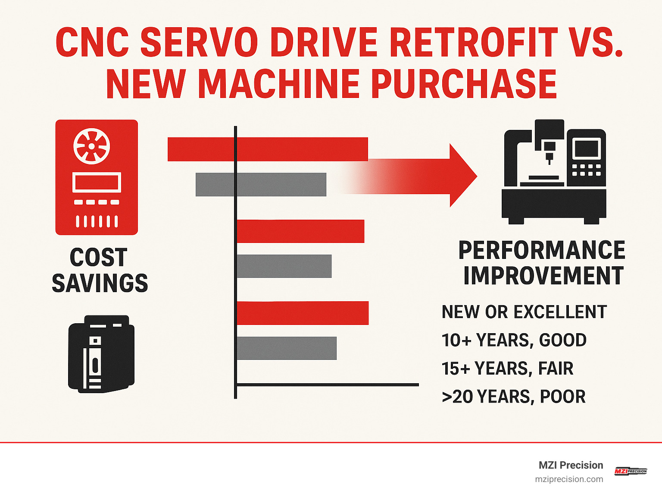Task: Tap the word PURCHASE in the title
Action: (464, 84)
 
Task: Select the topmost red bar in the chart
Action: (267, 149)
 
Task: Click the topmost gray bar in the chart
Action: (261, 184)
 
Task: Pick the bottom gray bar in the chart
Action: (286, 348)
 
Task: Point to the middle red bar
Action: (300, 231)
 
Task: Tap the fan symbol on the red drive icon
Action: (91, 146)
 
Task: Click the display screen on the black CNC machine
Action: (586, 148)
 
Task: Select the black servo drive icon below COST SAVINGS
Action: (101, 353)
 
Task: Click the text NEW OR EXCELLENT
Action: (524, 312)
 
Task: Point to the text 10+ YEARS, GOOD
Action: (514, 340)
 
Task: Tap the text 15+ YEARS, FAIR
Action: (507, 369)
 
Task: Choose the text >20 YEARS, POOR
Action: (514, 397)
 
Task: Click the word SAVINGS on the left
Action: (100, 283)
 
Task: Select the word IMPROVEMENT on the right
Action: (543, 276)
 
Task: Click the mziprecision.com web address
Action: (569, 479)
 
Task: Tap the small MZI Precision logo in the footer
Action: (631, 471)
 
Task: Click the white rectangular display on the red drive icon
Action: (97, 182)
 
